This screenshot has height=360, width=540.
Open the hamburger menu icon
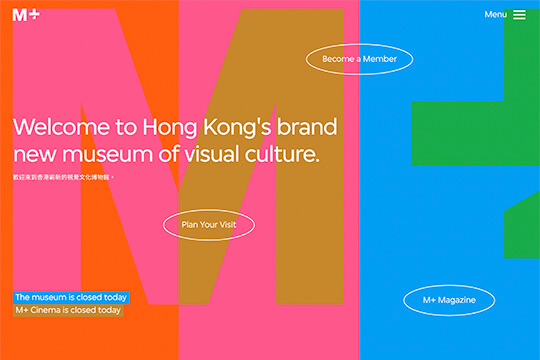click(520, 15)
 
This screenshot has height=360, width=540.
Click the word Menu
click(495, 15)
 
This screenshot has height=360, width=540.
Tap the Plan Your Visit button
click(209, 224)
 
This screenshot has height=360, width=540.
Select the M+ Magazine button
click(449, 300)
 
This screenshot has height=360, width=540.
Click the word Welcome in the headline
click(63, 128)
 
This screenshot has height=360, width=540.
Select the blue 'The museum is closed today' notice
click(71, 297)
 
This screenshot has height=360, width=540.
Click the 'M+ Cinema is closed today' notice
click(68, 310)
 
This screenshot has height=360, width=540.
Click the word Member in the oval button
click(379, 59)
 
